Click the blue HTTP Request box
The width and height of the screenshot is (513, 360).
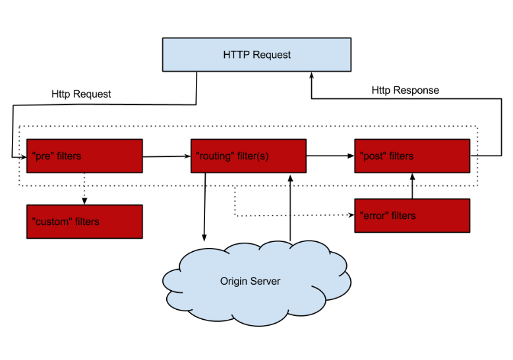pyautogui.click(x=256, y=55)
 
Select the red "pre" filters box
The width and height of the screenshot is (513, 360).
pyautogui.click(x=84, y=156)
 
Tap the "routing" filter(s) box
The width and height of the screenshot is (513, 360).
pyautogui.click(x=249, y=156)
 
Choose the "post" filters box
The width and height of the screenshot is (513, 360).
pyautogui.click(x=412, y=156)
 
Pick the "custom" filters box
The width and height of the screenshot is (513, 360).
pyautogui.click(x=84, y=222)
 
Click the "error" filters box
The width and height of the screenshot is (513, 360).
pyautogui.click(x=412, y=216)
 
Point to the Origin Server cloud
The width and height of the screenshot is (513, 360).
pyautogui.click(x=256, y=283)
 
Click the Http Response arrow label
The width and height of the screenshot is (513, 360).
pyautogui.click(x=406, y=90)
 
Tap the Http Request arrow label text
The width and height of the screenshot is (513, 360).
pyautogui.click(x=81, y=94)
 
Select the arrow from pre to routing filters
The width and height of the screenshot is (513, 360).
pyautogui.click(x=167, y=156)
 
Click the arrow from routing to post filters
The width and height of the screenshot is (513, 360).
pyautogui.click(x=330, y=156)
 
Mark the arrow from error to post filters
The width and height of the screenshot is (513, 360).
pyautogui.click(x=413, y=186)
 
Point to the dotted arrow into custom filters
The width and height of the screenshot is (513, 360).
pyautogui.click(x=84, y=189)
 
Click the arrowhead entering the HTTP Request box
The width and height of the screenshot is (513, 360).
pyautogui.click(x=311, y=76)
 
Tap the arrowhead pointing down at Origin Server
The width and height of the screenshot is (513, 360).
pyautogui.click(x=204, y=237)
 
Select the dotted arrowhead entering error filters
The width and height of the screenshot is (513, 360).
pyautogui.click(x=351, y=215)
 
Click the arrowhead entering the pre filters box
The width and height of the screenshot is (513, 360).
pyautogui.click(x=23, y=158)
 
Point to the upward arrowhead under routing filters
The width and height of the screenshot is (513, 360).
pyautogui.click(x=290, y=178)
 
